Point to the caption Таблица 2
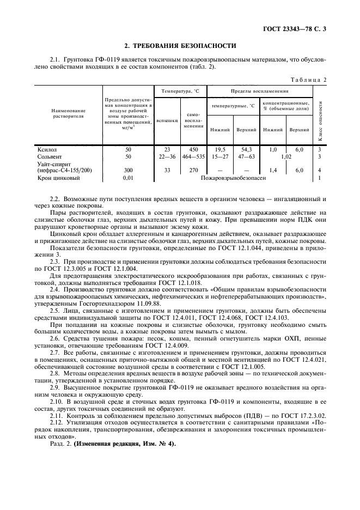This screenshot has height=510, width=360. point(308,80)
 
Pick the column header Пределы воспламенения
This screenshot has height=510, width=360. point(260,91)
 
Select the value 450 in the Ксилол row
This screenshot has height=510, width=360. point(193,149)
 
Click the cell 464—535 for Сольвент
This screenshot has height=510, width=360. point(193,156)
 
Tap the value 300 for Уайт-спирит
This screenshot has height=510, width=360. point(128,171)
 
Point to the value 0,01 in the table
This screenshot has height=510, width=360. point(128,178)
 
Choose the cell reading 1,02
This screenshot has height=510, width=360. point(286,156)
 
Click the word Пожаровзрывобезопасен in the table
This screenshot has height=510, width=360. point(234,178)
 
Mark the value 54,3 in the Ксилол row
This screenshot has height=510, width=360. point(246,149)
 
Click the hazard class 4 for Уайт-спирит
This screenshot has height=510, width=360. point(319,171)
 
